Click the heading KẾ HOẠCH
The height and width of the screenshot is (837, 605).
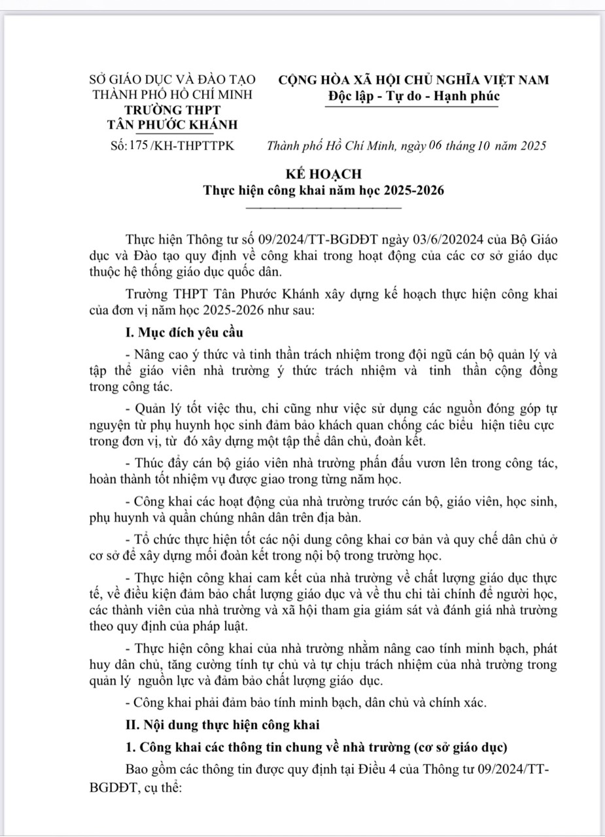[323, 175]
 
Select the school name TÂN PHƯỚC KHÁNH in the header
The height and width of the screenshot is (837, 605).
[173, 124]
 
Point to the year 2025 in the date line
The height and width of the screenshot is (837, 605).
[530, 146]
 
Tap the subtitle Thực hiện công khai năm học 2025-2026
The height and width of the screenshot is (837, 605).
[323, 191]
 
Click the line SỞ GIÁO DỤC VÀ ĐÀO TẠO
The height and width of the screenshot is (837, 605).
[173, 80]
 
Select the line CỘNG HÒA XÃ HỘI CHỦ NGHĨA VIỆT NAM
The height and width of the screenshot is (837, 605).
[414, 80]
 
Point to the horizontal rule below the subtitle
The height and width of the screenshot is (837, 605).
[323, 208]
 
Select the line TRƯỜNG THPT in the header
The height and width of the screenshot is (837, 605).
[173, 109]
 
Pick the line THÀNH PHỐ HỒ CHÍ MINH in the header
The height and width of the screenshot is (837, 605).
[173, 95]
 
